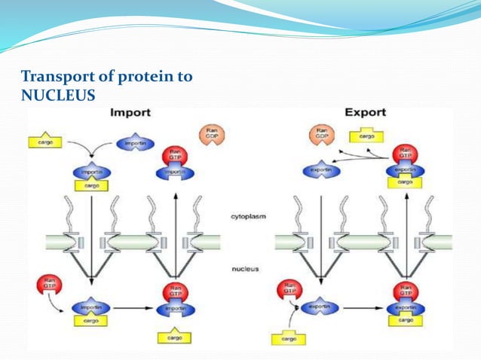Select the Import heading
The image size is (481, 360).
pos(130,113)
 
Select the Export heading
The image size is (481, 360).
pos(365,113)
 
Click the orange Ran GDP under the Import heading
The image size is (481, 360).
pos(211,136)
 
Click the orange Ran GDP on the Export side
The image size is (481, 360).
pos(320,136)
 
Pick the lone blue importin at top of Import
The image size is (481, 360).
pos(136,143)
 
